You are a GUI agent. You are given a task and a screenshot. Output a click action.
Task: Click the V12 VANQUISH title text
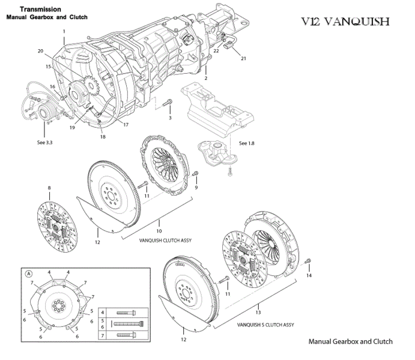pyautogui.click(x=345, y=22)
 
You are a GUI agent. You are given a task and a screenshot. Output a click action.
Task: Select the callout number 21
pyautogui.click(x=244, y=59)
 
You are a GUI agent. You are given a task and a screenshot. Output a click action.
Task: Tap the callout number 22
pyautogui.click(x=216, y=51)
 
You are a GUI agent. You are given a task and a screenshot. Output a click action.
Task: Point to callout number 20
pyautogui.click(x=40, y=51)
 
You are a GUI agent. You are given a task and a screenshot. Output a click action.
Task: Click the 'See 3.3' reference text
pyautogui.click(x=45, y=143)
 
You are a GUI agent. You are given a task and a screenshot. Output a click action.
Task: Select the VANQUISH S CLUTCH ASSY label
pyautogui.click(x=265, y=325)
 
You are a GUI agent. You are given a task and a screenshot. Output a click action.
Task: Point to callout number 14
pyautogui.click(x=309, y=276)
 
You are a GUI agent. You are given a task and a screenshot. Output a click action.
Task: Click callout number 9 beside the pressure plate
pyautogui.click(x=196, y=187)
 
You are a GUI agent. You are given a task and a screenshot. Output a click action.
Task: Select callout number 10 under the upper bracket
pyautogui.click(x=159, y=230)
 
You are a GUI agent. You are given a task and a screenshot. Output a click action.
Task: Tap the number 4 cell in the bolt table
pyautogui.click(x=102, y=313)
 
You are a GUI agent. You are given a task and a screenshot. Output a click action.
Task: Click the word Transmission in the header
pyautogui.click(x=40, y=10)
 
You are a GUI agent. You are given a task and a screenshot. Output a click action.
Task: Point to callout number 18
pyautogui.click(x=103, y=137)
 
